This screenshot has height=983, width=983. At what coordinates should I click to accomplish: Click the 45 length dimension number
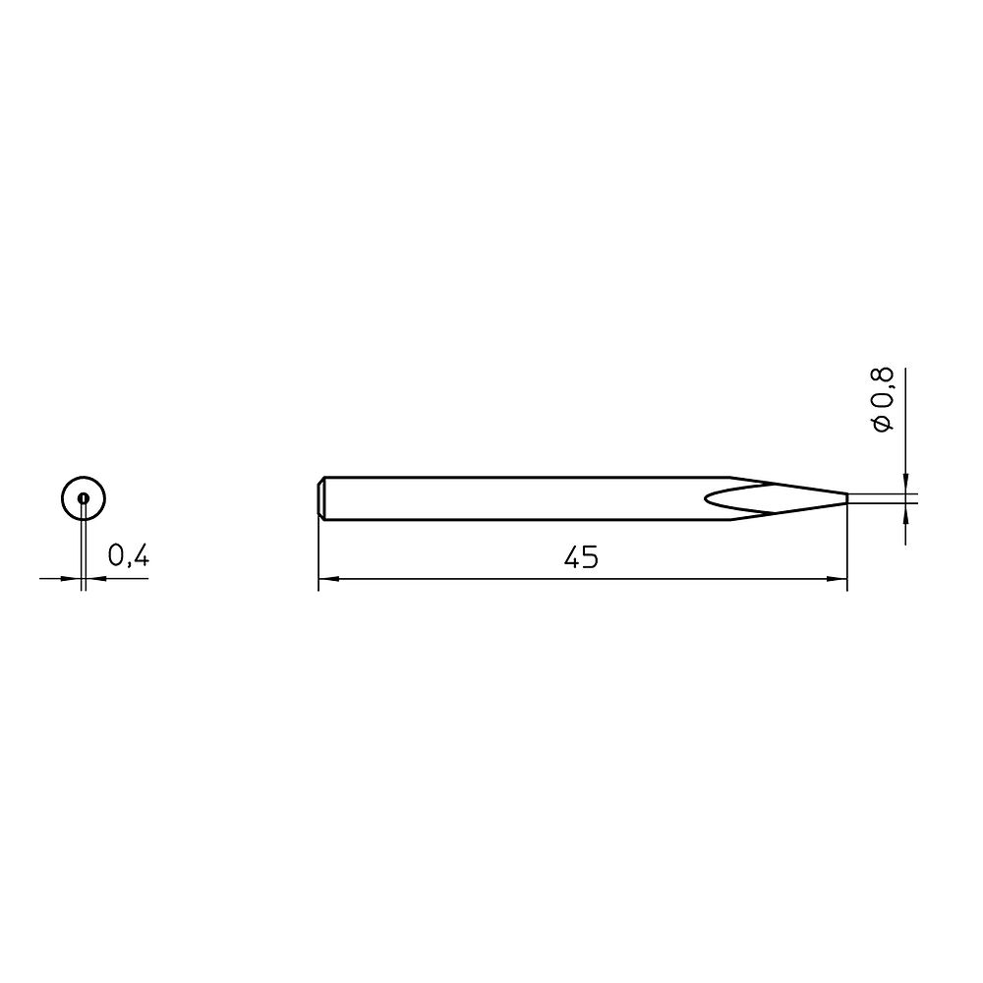click(582, 558)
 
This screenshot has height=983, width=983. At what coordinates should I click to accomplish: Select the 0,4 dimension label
click(128, 556)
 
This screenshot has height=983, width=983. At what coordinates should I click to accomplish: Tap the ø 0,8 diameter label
click(882, 399)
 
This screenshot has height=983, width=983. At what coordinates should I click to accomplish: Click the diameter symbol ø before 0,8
click(882, 424)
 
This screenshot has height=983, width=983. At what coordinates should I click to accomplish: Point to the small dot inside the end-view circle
click(84, 498)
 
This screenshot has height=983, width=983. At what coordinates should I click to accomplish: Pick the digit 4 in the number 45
click(572, 558)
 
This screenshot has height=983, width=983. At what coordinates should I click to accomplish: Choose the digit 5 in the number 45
click(591, 558)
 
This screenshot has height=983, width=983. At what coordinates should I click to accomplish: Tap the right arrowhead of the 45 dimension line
click(840, 579)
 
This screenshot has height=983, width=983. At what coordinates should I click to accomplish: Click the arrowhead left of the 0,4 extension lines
click(75, 578)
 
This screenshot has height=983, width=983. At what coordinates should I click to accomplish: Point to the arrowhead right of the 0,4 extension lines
click(95, 578)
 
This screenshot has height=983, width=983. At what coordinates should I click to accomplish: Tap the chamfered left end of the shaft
click(322, 498)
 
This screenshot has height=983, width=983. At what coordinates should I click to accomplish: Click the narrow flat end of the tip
click(846, 498)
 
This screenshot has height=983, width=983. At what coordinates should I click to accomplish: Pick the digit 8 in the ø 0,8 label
click(882, 377)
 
